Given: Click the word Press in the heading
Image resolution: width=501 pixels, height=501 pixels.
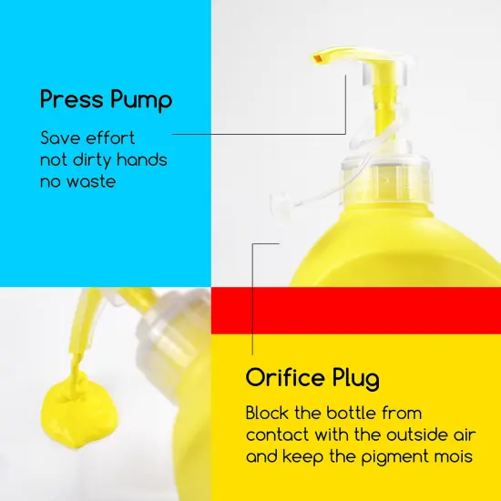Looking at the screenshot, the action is click(x=72, y=99).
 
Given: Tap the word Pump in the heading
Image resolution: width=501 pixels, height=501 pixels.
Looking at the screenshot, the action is click(x=141, y=100).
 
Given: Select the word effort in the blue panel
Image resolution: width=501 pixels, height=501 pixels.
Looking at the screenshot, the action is click(x=110, y=138).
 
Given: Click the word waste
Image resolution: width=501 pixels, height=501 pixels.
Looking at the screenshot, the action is click(x=91, y=182).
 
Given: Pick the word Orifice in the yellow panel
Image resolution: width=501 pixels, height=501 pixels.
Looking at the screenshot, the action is click(x=285, y=377).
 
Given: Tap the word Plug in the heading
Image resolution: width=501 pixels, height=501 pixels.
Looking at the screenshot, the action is click(x=355, y=379).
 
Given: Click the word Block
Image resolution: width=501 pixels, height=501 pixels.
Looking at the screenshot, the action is click(x=267, y=413).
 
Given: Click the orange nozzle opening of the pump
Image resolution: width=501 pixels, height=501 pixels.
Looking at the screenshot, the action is click(x=318, y=58).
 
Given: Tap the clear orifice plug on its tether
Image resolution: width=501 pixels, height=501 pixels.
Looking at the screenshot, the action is click(x=280, y=203).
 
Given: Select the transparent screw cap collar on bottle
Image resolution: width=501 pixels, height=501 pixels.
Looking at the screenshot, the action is click(x=386, y=179).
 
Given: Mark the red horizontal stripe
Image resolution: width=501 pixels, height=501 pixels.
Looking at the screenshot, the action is click(x=356, y=311).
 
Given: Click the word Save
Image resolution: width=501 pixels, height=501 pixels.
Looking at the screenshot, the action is click(x=60, y=138).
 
